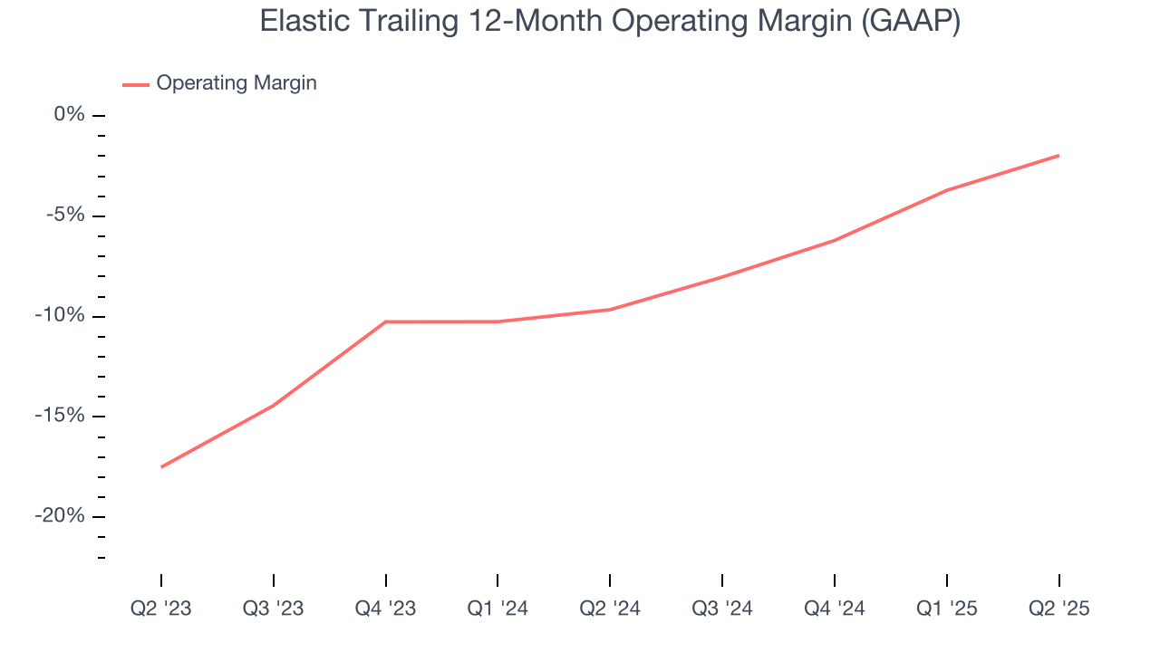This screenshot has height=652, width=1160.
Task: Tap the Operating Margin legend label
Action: tap(237, 83)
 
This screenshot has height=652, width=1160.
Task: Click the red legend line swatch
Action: tap(136, 85)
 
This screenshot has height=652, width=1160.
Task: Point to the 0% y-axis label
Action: tap(69, 114)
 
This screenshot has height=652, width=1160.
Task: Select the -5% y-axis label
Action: tap(66, 215)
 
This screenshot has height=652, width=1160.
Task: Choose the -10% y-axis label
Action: tap(61, 315)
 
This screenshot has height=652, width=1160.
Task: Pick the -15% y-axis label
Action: tap(61, 416)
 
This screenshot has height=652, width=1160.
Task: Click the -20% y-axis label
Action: tap(61, 516)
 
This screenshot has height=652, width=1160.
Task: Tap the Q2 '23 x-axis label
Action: tap(161, 609)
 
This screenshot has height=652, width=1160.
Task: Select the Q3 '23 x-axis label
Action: tap(274, 609)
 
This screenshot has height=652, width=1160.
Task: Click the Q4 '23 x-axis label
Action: tap(386, 609)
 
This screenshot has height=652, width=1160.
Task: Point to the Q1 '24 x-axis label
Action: tap(498, 609)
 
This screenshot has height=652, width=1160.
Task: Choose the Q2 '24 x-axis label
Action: tap(610, 609)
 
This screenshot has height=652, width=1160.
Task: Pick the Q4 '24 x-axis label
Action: tap(835, 609)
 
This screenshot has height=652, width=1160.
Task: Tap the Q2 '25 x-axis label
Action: tap(1058, 609)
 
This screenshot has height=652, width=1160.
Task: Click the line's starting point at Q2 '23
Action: tap(161, 467)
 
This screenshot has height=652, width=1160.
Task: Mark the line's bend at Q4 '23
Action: tap(386, 321)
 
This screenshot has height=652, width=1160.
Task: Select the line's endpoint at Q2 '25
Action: tap(1058, 156)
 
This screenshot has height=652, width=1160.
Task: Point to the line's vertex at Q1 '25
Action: tap(946, 190)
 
